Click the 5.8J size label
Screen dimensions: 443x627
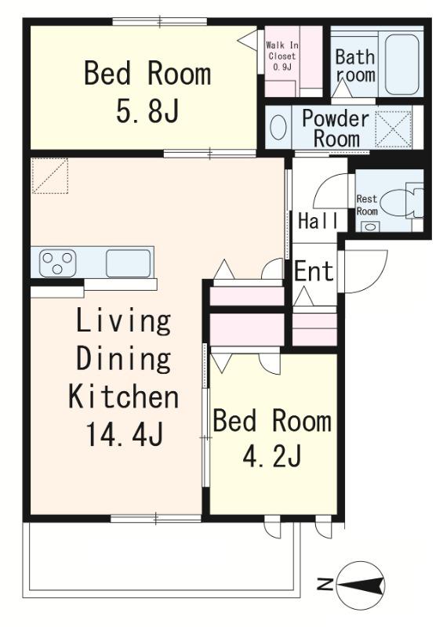pos(147,111)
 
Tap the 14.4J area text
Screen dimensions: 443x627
pos(125,435)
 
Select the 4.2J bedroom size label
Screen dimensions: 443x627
pos(272,456)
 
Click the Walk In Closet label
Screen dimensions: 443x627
pos(282,56)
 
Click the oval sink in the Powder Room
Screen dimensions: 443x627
pos(278,127)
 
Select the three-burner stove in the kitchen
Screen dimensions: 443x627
pos(57,263)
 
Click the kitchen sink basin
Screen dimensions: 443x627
pos(129,263)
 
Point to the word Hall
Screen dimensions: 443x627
pos(318,221)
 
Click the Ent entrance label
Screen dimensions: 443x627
pos(314,271)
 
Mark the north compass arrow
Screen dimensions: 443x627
pos(360,585)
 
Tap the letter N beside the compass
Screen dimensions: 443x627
pos(325,585)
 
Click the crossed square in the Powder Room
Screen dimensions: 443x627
pos(394,128)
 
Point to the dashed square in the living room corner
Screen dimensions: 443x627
pos(50,176)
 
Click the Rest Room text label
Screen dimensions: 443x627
pos(367,205)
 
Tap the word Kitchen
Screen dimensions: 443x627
pos(124,397)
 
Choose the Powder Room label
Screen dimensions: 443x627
pos(336,129)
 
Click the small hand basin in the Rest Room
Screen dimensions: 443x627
pos(371,227)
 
